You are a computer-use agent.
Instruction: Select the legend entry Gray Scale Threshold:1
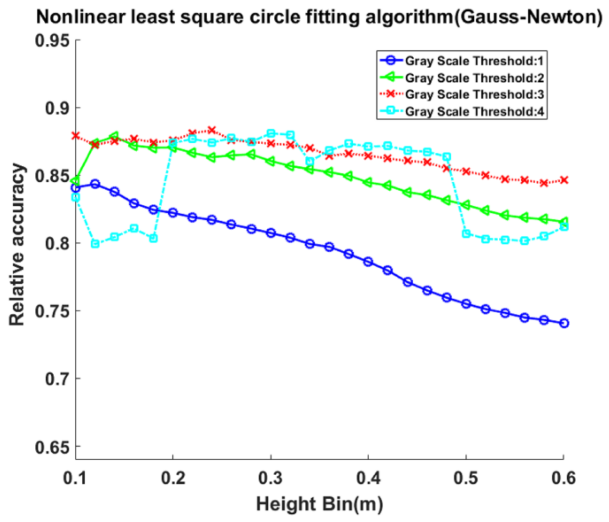pyautogui.click(x=474, y=61)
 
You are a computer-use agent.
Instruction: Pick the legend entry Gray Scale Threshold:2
pyautogui.click(x=474, y=78)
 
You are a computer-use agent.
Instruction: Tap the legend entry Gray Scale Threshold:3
pyautogui.click(x=474, y=95)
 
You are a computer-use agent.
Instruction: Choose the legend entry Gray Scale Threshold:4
pyautogui.click(x=474, y=112)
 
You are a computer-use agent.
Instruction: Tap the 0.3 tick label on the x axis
pyautogui.click(x=270, y=478)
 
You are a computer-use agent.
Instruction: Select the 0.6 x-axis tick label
pyautogui.click(x=564, y=478)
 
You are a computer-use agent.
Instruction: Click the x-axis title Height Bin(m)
pyautogui.click(x=319, y=504)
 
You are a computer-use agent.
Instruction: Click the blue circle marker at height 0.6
pyautogui.click(x=564, y=323)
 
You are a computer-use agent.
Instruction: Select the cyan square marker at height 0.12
pyautogui.click(x=95, y=244)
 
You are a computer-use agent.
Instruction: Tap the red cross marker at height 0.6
pyautogui.click(x=564, y=180)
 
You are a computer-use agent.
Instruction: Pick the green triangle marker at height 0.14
pyautogui.click(x=115, y=136)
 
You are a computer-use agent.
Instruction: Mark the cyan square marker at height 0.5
pyautogui.click(x=466, y=234)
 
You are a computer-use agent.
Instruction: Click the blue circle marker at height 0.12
pyautogui.click(x=95, y=184)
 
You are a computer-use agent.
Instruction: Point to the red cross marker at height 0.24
pyautogui.click(x=212, y=130)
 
